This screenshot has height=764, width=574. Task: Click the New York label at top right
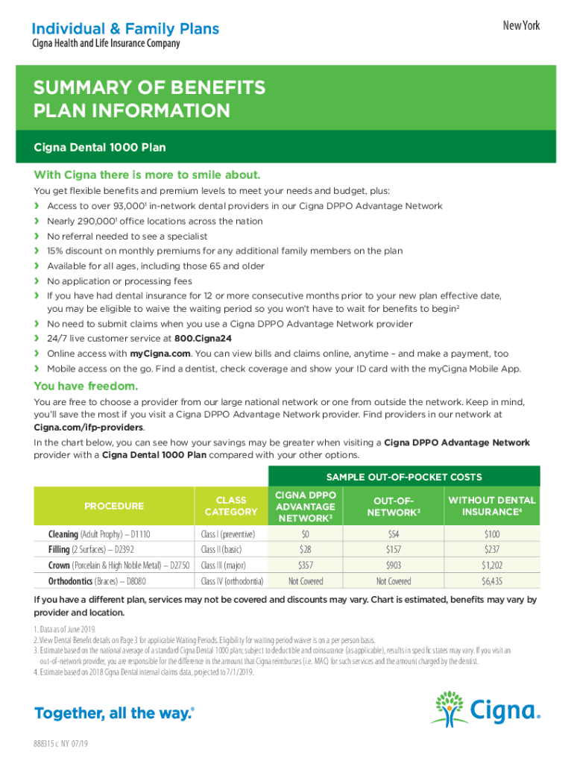point(521,26)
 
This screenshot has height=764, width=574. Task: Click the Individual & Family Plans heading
point(125,29)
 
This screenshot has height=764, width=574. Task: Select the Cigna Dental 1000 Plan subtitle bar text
point(100,148)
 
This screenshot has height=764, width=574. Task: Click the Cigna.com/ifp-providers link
point(89,428)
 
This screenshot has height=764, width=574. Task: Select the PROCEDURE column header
point(114,506)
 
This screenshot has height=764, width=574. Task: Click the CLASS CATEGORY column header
point(231,506)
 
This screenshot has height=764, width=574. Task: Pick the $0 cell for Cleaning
point(305,534)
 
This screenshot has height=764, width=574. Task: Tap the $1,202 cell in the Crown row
point(492,566)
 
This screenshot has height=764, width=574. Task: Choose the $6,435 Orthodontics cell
point(492,581)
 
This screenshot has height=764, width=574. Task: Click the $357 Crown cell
point(305,566)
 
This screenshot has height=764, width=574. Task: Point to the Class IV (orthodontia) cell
point(232,581)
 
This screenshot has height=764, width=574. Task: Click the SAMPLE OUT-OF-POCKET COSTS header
point(403,477)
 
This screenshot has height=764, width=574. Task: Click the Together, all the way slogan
point(114,713)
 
